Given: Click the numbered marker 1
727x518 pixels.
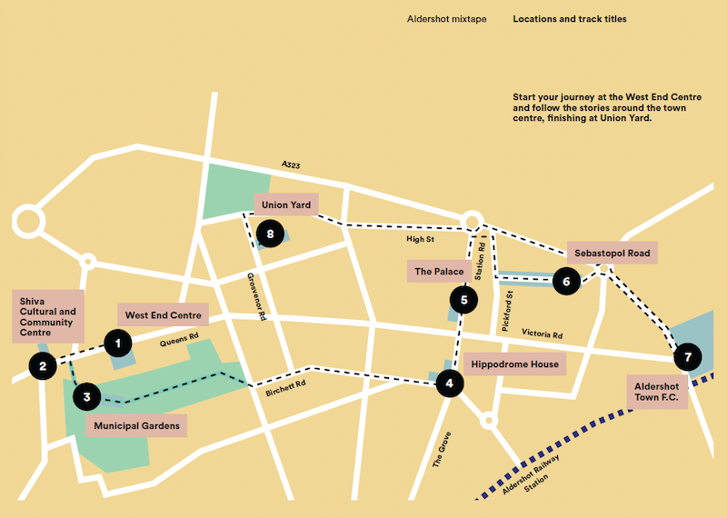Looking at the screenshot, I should point(117,343).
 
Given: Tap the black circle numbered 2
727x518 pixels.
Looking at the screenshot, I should point(42,365).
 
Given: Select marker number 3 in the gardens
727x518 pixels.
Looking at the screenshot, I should point(86,395).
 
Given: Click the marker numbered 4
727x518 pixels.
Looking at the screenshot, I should point(449,384).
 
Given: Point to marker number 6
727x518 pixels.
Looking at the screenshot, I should point(566,281).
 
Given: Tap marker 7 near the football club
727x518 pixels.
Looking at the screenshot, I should point(688,356).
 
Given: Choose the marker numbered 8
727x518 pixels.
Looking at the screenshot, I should point(270,234).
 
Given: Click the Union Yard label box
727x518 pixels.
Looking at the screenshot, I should point(286,205).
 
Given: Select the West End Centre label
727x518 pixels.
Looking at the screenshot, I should point(164,315).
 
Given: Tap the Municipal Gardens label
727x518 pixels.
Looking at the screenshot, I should point(136,425).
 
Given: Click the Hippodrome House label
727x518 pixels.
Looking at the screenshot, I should point(515,364).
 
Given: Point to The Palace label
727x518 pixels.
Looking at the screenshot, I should point(440,272).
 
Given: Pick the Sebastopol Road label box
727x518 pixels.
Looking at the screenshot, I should point(612,254).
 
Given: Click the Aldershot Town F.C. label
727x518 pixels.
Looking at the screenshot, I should point(656,393).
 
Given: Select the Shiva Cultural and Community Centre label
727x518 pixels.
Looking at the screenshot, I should point(48,316).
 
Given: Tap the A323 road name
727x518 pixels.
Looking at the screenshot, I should point(291,164).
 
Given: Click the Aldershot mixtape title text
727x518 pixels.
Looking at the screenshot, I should point(444,19).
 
